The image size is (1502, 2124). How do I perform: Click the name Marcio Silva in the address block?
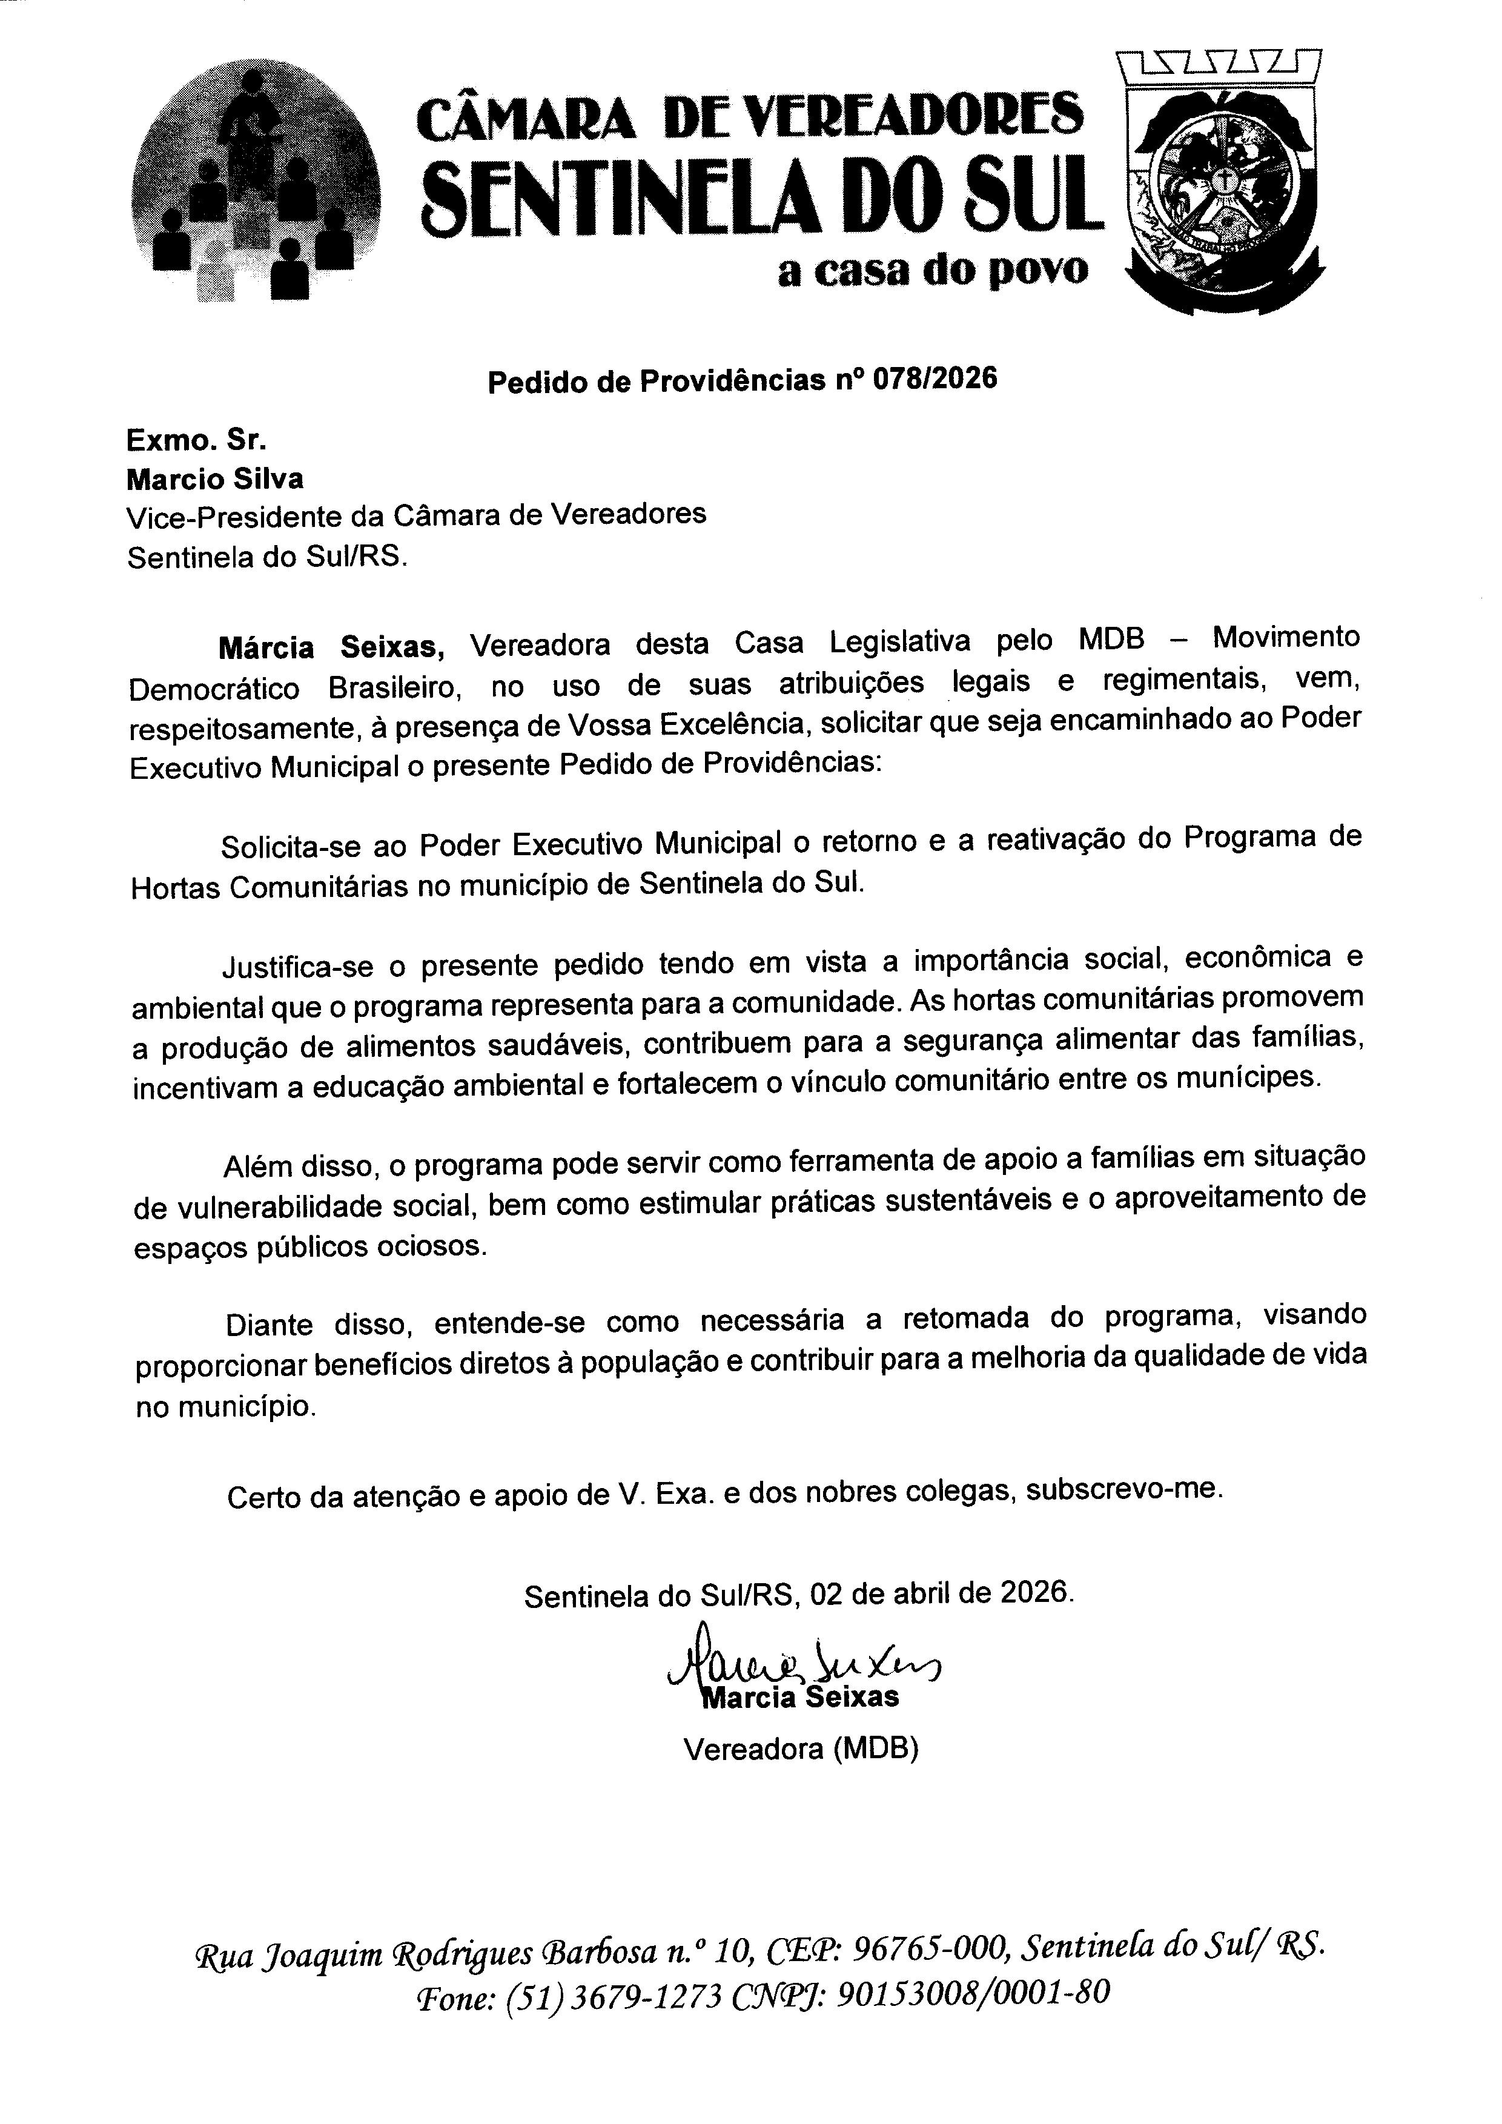point(214,479)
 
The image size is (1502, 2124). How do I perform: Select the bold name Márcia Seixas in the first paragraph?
point(331,647)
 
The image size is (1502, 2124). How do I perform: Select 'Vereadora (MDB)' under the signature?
point(800,1748)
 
